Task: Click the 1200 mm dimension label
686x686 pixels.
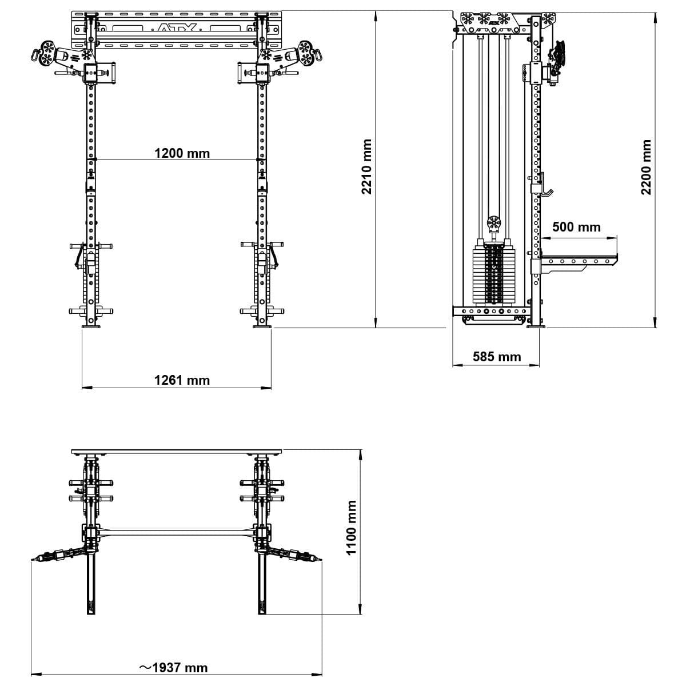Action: coord(182,153)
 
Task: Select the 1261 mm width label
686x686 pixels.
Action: coord(182,380)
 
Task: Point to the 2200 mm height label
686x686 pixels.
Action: coord(646,167)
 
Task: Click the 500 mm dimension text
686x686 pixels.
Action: coord(576,227)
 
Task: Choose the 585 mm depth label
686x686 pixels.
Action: coord(497,357)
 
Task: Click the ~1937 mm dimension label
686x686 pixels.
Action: coord(174,668)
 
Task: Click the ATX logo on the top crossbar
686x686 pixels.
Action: coord(177,27)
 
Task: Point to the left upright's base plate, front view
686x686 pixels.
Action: coord(91,326)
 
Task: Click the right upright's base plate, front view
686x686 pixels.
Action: coord(262,326)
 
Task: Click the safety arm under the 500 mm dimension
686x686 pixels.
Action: coord(577,261)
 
